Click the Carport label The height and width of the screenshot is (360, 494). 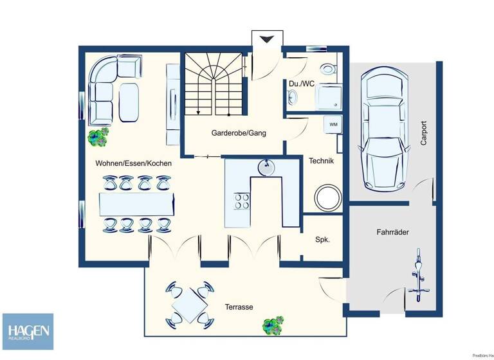point(423,134)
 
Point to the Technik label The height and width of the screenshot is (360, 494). point(321,161)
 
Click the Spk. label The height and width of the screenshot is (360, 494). point(322,239)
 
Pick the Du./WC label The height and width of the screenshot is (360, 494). point(301,84)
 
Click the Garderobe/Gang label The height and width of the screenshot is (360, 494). point(239,133)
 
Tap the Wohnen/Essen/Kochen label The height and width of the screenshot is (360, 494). point(133,163)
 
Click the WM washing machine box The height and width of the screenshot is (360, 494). point(333,123)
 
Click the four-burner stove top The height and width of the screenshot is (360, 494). point(242,201)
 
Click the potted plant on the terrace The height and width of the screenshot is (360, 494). point(273,325)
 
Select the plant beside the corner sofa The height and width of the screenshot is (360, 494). point(98,136)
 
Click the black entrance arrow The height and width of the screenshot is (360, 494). point(266,40)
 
